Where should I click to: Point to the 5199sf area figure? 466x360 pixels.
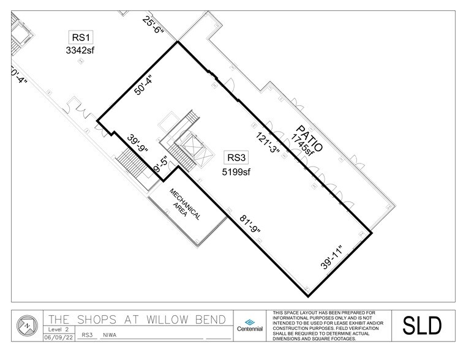pyautogui.click(x=235, y=172)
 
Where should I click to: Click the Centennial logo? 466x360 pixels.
pyautogui.click(x=250, y=325)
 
